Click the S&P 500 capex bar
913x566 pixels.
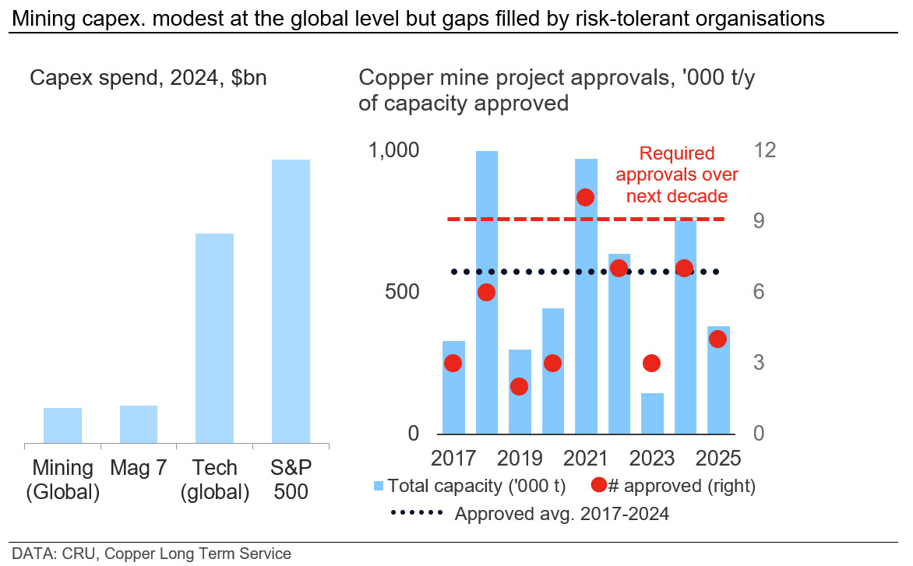tap(291, 301)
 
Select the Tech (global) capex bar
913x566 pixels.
tap(214, 339)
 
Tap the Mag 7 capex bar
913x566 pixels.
tap(139, 424)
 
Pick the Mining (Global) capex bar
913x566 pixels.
tap(63, 426)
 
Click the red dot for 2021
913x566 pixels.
tap(585, 197)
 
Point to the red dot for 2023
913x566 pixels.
tap(651, 363)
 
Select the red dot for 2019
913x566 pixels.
tap(519, 386)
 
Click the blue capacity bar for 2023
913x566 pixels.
tap(652, 413)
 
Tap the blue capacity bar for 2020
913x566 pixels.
tap(552, 371)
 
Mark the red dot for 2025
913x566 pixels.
tap(718, 339)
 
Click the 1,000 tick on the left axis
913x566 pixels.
tap(393, 150)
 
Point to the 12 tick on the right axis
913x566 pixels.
tap(764, 150)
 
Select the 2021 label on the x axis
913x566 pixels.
tap(585, 459)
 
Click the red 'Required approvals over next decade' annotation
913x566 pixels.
tap(677, 174)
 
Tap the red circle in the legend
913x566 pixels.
tap(598, 484)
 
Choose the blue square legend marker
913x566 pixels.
tap(379, 486)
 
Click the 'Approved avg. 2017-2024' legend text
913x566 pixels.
tap(562, 514)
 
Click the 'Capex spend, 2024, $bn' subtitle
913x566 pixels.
tap(148, 78)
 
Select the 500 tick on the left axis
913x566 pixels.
tap(402, 291)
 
